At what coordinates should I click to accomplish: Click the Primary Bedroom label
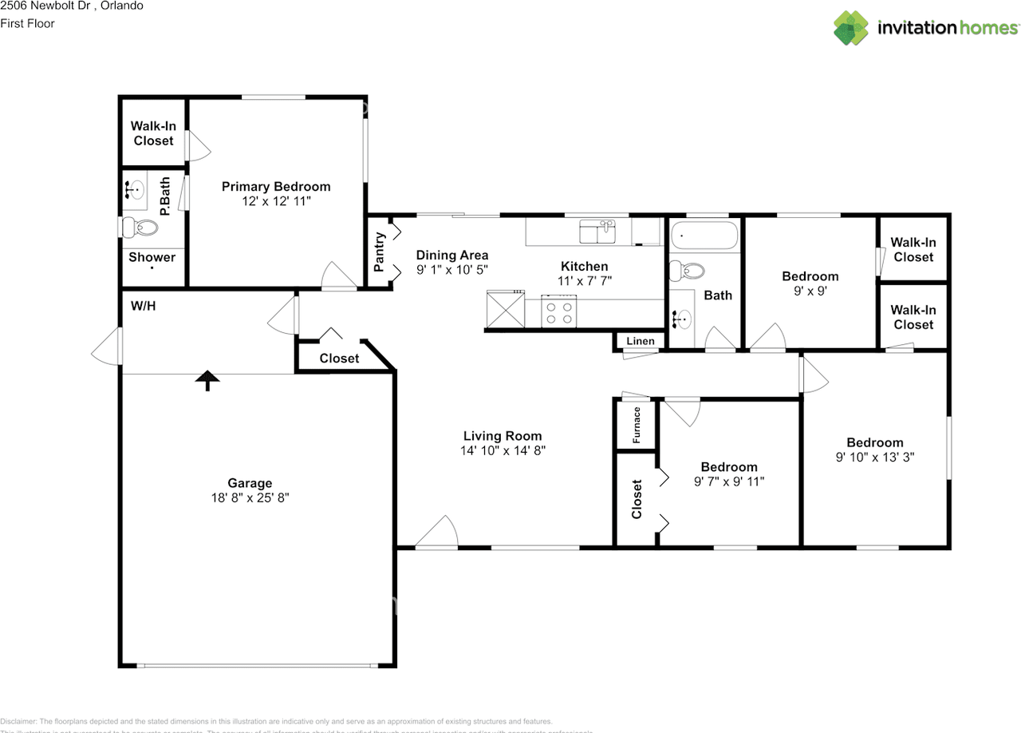tap(275, 187)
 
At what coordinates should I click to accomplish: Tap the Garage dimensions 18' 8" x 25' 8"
tap(250, 497)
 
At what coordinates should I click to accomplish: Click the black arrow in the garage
tap(207, 380)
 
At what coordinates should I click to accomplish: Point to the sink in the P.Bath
tap(136, 190)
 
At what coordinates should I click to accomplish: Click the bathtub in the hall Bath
tap(704, 236)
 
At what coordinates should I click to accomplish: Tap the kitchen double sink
tap(597, 232)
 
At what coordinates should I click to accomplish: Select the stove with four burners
tap(558, 311)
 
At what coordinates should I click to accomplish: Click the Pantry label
tap(380, 252)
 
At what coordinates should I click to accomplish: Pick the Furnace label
tap(637, 425)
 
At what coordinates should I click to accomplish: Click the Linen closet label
tap(640, 342)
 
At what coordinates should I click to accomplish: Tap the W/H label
tap(143, 306)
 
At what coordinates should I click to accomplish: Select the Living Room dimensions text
tap(503, 450)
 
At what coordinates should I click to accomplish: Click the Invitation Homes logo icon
tap(850, 27)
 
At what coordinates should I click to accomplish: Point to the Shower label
tap(152, 257)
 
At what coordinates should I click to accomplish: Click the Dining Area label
tap(451, 256)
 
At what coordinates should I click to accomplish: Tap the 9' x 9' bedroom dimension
tap(810, 291)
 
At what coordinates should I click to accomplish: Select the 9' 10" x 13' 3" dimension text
tap(874, 458)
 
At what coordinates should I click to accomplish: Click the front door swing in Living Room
tap(438, 533)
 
